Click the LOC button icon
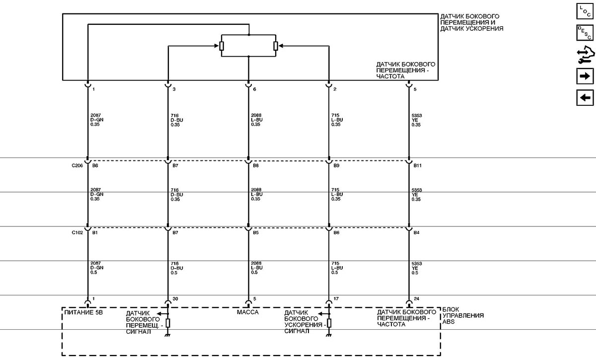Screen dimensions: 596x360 tap(585, 11)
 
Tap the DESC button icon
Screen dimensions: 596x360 tap(585, 33)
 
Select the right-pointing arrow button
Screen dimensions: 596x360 tap(585, 76)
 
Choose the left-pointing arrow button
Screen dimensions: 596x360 tap(585, 98)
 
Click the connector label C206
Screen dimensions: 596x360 tap(77, 165)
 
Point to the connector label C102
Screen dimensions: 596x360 tap(77, 232)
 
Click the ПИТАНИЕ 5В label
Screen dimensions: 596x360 tap(83, 312)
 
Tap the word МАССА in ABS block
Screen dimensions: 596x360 tap(247, 312)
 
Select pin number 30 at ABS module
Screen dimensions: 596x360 tap(175, 299)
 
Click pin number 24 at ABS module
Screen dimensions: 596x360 tap(416, 299)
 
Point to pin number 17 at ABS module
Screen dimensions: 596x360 tap(336, 299)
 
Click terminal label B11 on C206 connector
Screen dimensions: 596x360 tap(417, 165)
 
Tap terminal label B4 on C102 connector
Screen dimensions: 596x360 tap(416, 232)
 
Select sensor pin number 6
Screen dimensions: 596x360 tap(254, 89)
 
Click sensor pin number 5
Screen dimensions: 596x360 tap(415, 89)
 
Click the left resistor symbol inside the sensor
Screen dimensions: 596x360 tap(222, 46)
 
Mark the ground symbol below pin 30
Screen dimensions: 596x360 tap(168, 335)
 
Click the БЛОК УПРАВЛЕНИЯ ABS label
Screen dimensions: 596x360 tap(463, 316)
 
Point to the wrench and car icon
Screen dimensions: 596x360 tap(586, 55)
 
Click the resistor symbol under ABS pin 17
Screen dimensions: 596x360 tap(329, 323)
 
